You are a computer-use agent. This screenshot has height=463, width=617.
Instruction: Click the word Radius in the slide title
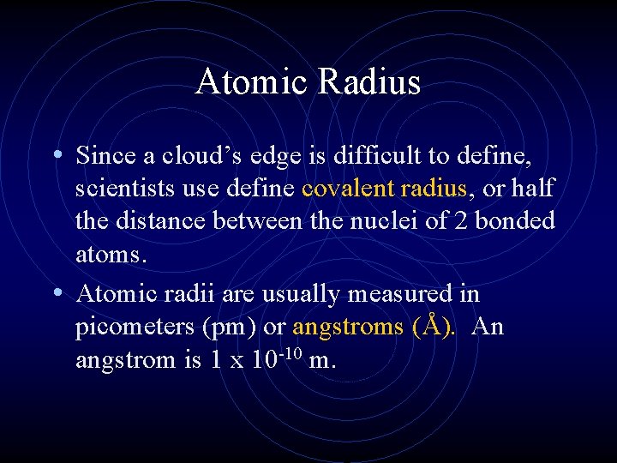(x=370, y=82)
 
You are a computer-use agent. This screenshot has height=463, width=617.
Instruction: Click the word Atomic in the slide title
(x=252, y=82)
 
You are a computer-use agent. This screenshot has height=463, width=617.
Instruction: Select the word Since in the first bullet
(x=103, y=155)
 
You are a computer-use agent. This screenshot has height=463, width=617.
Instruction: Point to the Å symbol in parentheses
(x=438, y=326)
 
